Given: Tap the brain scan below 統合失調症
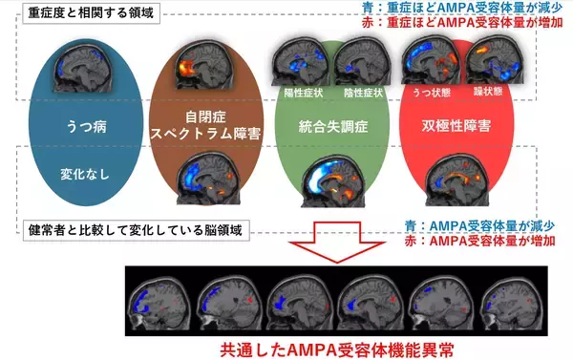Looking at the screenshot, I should [329, 183].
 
